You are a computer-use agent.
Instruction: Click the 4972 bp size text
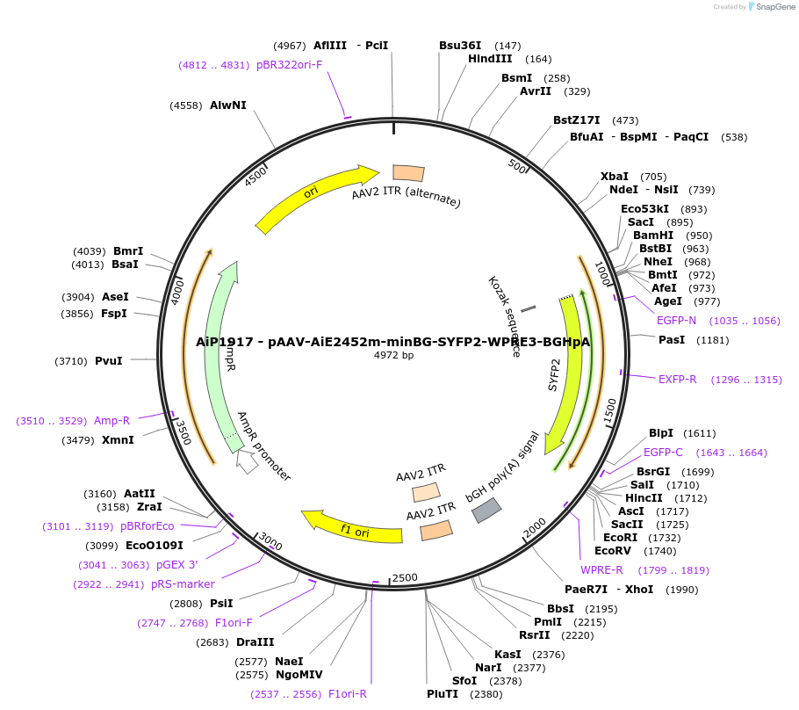pyautogui.click(x=393, y=355)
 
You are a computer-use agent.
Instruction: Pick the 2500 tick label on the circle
pyautogui.click(x=405, y=577)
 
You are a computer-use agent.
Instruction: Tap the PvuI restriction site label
pyautogui.click(x=108, y=360)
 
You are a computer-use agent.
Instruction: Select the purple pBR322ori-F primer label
pyautogui.click(x=289, y=65)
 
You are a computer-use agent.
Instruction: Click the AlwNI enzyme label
pyautogui.click(x=227, y=105)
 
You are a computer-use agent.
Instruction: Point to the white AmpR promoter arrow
pyautogui.click(x=248, y=463)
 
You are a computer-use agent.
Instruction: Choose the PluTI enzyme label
pyautogui.click(x=443, y=694)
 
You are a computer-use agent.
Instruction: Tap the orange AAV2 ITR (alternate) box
pyautogui.click(x=408, y=173)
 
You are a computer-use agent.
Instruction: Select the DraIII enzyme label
pyautogui.click(x=255, y=642)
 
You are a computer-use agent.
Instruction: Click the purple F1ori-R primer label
pyautogui.click(x=347, y=694)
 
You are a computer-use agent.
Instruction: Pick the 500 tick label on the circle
pyautogui.click(x=517, y=166)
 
